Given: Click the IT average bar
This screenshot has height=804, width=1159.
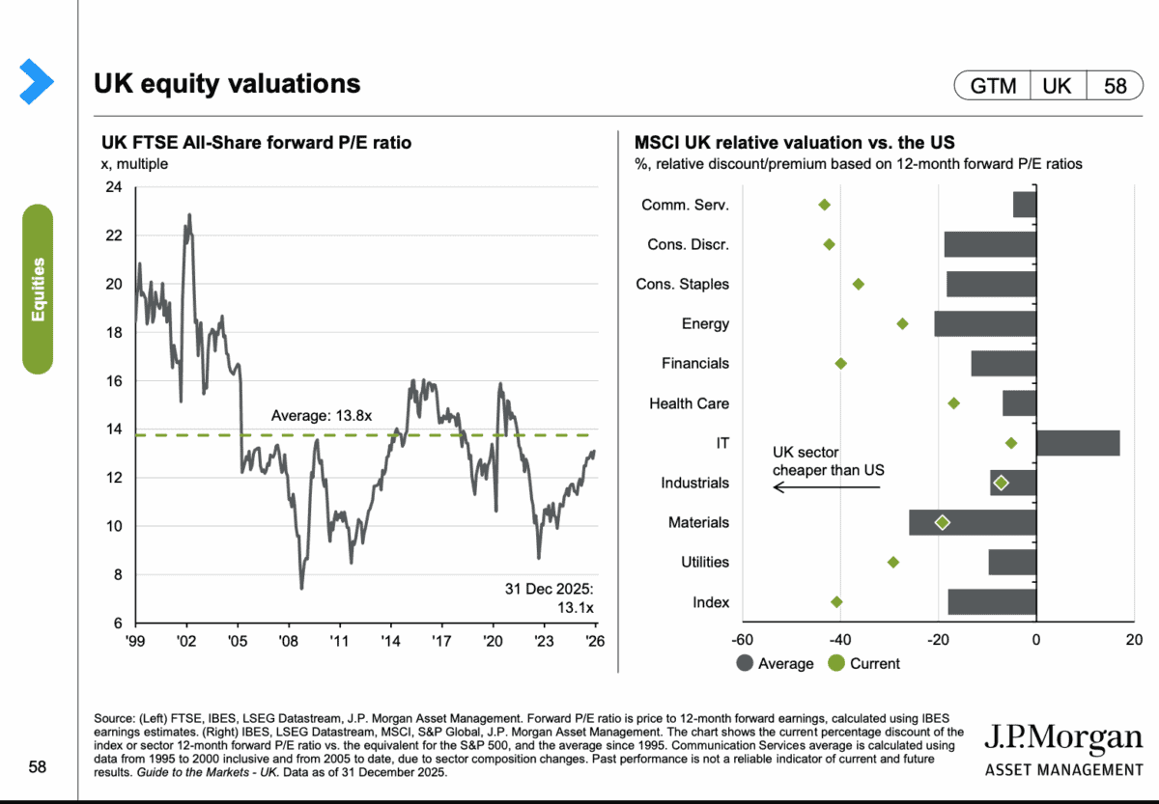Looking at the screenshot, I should (1078, 443).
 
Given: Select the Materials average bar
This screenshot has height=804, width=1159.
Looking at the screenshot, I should (973, 522).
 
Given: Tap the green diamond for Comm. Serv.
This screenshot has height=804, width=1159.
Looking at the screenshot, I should (824, 205).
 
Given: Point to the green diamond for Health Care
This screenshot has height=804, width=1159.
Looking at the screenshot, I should (954, 403).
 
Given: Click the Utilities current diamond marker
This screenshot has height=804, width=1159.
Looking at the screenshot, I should (893, 562).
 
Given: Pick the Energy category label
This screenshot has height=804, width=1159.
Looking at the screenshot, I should (705, 323).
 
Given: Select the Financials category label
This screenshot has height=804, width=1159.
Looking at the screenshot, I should (695, 364).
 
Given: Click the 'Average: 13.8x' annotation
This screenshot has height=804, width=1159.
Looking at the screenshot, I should (322, 416).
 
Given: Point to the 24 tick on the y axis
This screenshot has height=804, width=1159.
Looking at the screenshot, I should (113, 187).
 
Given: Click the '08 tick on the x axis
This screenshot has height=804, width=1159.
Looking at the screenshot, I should (288, 639).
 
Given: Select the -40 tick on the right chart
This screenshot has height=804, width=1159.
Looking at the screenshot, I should (840, 639).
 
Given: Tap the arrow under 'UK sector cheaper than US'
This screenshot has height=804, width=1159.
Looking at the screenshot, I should (827, 487).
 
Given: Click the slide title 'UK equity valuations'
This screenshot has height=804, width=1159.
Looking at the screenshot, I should (227, 84).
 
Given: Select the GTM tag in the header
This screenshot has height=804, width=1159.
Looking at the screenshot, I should (993, 86).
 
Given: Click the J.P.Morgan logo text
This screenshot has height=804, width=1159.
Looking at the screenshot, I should (1062, 738).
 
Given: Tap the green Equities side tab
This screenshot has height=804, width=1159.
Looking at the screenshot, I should (38, 289).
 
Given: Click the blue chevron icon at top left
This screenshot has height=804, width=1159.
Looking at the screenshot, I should (36, 81).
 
